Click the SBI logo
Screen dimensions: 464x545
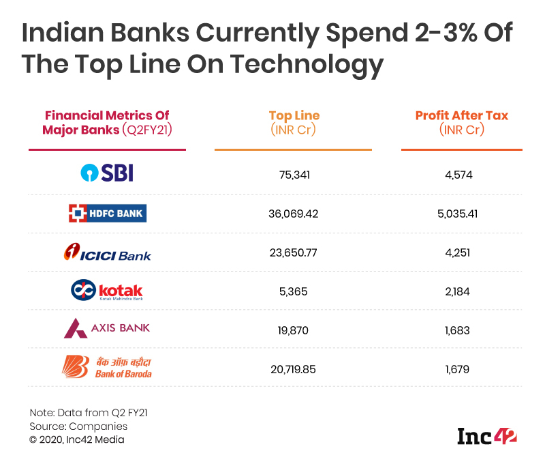pos(107,173)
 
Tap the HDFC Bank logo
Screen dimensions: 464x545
pos(107,214)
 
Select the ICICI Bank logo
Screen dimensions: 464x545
pos(107,253)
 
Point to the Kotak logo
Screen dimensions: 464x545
pos(107,291)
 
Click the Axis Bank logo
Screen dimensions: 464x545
pos(107,329)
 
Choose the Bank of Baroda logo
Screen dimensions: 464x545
pos(107,367)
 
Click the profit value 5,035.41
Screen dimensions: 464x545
pos(462,214)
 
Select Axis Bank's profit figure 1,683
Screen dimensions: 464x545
pos(462,330)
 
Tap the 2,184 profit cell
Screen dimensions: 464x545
pos(462,291)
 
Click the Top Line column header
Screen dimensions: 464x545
pos(294,122)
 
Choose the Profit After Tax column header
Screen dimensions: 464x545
pos(462,122)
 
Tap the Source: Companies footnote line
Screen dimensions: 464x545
pos(78,426)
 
